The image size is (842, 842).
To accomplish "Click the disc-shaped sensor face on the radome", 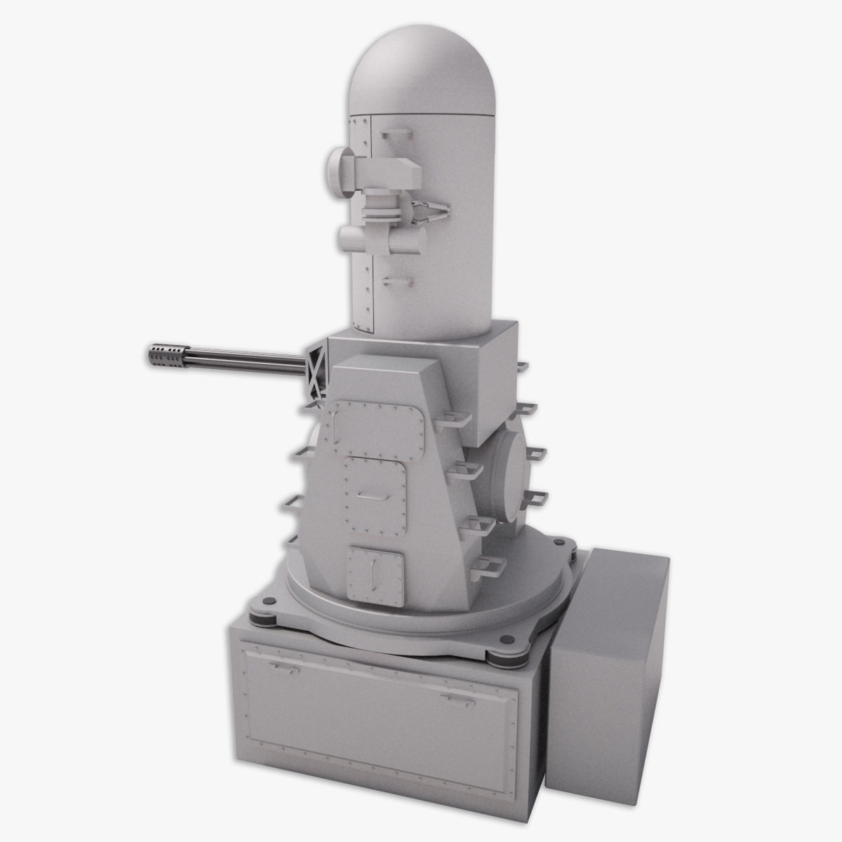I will coord(338,171).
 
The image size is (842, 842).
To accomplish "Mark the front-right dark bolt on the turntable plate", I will coord(502,639).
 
